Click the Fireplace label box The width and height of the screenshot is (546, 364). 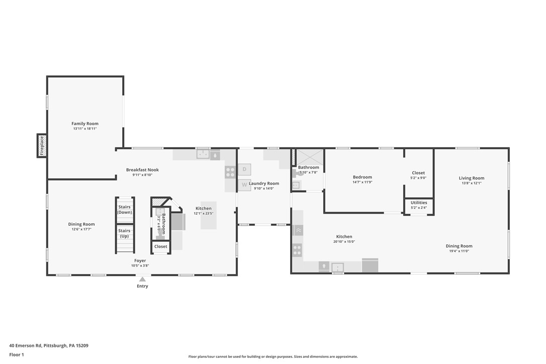tap(42, 145)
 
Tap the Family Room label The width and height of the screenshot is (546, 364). tap(84, 124)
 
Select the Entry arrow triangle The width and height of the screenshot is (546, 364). tap(142, 280)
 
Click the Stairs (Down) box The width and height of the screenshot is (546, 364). tap(125, 210)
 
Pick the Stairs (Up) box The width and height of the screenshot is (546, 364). tap(125, 233)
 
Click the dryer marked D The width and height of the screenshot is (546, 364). tap(244, 169)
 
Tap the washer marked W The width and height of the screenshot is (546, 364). tap(244, 185)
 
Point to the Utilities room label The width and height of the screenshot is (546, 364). tap(419, 203)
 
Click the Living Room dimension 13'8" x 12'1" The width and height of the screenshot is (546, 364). tap(471, 183)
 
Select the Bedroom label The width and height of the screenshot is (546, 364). tap(362, 177)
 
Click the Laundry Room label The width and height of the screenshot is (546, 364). tap(263, 184)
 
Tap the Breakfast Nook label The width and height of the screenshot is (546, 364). tap(142, 170)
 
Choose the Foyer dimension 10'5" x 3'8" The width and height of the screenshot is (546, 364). tap(140, 265)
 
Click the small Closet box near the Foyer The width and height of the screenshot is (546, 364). tap(161, 247)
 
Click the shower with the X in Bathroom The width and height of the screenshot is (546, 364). tap(308, 156)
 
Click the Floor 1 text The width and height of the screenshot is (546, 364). tap(17, 355)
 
